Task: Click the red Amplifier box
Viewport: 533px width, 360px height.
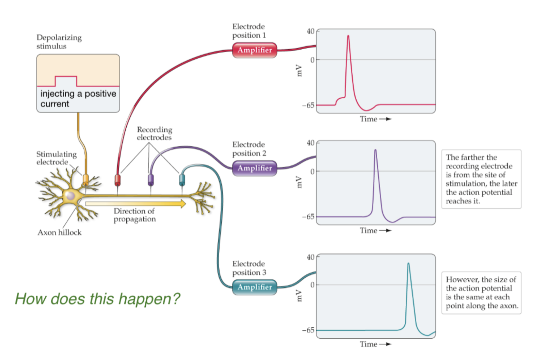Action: click(x=255, y=50)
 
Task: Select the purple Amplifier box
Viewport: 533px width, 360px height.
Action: click(x=255, y=168)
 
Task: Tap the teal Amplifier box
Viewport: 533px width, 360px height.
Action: click(x=255, y=287)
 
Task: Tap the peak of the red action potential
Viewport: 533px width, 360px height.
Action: click(x=348, y=36)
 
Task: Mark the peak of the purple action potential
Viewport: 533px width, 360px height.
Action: click(x=375, y=150)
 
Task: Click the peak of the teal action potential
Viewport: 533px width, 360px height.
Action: click(x=408, y=263)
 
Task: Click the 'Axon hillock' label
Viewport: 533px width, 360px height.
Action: click(x=59, y=233)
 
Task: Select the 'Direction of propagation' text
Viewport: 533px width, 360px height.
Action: click(x=135, y=215)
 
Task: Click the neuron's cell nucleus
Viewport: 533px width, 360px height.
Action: click(x=71, y=196)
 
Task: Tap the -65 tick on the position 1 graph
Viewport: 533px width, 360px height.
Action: click(x=309, y=106)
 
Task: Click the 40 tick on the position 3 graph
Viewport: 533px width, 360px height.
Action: click(x=311, y=257)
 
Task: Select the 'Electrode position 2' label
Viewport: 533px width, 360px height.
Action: click(x=249, y=149)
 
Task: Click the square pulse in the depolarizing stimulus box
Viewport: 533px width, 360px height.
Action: click(x=66, y=81)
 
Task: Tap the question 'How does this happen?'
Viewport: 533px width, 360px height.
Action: click(x=97, y=299)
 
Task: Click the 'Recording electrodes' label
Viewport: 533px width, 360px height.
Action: click(x=154, y=134)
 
